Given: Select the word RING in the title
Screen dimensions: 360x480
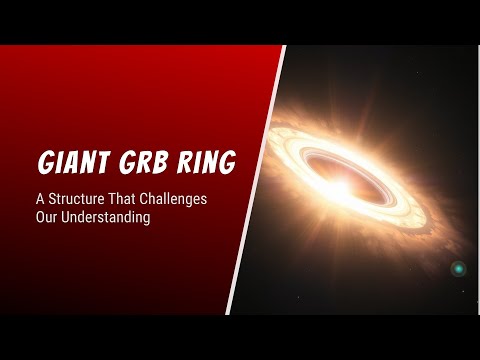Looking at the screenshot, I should click(211, 162).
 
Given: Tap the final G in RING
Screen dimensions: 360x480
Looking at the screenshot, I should click(231, 162).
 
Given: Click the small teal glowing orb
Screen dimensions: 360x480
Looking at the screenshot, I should click(459, 269).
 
